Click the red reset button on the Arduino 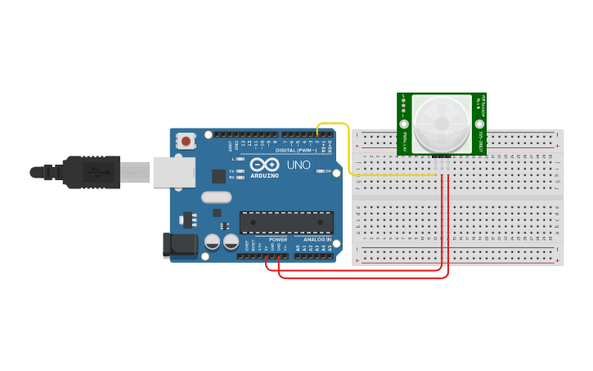pyautogui.click(x=186, y=141)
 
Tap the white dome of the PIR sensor pyautogui.click(x=441, y=124)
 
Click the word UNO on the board pyautogui.click(x=299, y=165)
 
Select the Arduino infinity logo pyautogui.click(x=264, y=164)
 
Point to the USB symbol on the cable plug pyautogui.click(x=97, y=173)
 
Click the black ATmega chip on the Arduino pyautogui.click(x=286, y=222)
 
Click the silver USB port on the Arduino pyautogui.click(x=173, y=172)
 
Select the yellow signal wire pyautogui.click(x=349, y=152)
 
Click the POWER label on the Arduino pyautogui.click(x=278, y=240)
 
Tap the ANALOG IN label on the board pyautogui.click(x=317, y=240)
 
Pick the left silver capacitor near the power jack pyautogui.click(x=212, y=242)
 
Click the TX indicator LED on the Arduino pyautogui.click(x=240, y=170)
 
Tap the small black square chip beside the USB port pyautogui.click(x=218, y=175)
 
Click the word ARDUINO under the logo pyautogui.click(x=264, y=175)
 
